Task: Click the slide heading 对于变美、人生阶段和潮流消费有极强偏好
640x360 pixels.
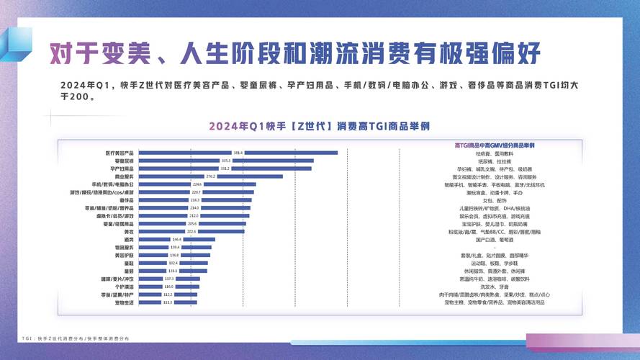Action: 294,53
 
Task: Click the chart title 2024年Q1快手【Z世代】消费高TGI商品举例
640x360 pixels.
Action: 320,125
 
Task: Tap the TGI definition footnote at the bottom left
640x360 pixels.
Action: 76,338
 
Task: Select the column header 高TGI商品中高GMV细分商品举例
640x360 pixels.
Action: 494,145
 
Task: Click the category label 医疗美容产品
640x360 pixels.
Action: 120,153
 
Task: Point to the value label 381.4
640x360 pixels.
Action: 238,153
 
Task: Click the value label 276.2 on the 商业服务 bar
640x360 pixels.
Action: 211,176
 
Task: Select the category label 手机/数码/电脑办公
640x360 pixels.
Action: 109,184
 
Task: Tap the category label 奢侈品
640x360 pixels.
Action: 125,200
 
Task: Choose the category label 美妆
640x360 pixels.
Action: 127,232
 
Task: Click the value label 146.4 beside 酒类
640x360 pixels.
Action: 176,240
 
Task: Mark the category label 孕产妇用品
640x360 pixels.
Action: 120,168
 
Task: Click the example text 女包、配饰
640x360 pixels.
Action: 494,200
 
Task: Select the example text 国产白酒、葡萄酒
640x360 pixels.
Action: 494,240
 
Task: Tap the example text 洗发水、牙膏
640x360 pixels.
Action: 494,287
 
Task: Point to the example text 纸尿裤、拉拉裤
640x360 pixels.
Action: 494,161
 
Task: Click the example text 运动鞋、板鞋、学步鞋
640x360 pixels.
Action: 494,263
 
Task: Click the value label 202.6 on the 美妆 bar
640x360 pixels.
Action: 191,232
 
